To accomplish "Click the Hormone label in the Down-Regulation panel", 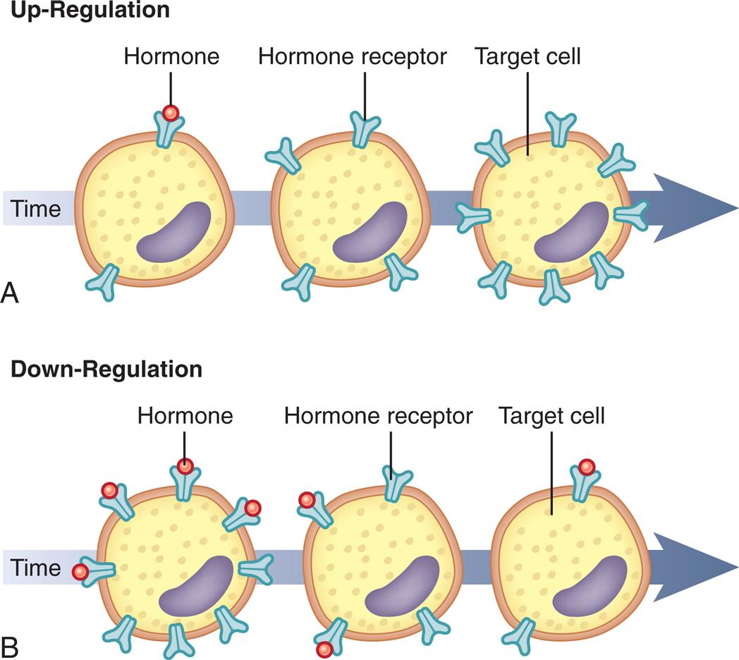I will pyautogui.click(x=185, y=415).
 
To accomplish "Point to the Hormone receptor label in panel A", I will pyautogui.click(x=352, y=56).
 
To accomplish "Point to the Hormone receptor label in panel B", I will pyautogui.click(x=379, y=415).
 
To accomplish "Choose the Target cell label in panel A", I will pyautogui.click(x=528, y=56).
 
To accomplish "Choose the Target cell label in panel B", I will pyautogui.click(x=552, y=415).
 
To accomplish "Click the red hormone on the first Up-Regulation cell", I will pyautogui.click(x=170, y=113).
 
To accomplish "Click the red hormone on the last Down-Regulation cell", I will pyautogui.click(x=586, y=467).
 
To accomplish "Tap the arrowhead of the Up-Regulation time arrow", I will pyautogui.click(x=695, y=208).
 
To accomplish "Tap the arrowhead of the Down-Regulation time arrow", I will pyautogui.click(x=695, y=567).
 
